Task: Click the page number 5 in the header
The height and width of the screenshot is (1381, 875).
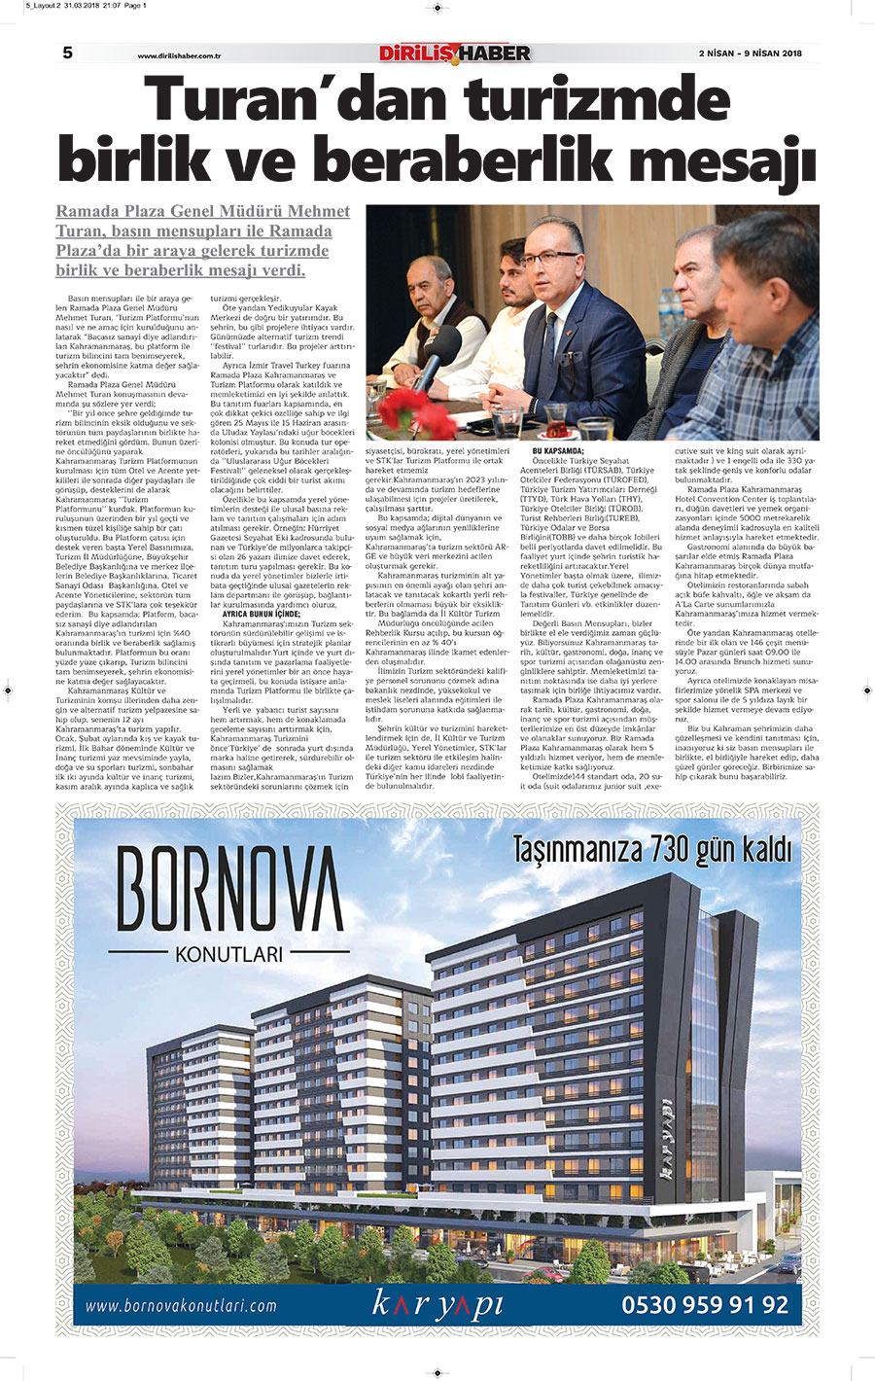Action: coord(68,53)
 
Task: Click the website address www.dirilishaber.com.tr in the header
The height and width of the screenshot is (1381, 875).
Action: coord(180,55)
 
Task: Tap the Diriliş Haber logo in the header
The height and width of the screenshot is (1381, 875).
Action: coord(454,53)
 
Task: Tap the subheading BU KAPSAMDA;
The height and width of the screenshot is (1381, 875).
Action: coord(558,451)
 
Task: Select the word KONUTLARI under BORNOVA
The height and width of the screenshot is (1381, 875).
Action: coord(229,954)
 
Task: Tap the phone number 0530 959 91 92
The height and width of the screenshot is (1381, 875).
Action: coord(705,1304)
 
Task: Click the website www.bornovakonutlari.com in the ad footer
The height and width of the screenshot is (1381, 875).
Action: coord(182,1306)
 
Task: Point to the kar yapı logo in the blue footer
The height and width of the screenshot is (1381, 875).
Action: coord(437,1304)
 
